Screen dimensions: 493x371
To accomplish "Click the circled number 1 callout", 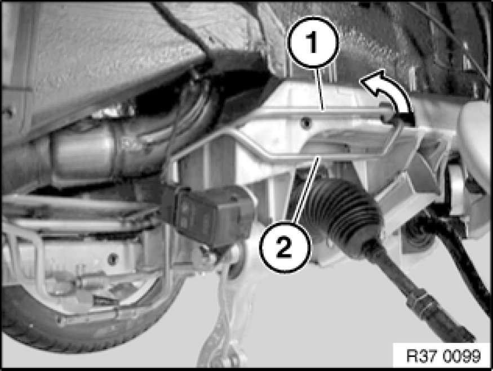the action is (x=313, y=42).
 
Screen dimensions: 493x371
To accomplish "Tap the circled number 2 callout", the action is (x=285, y=247).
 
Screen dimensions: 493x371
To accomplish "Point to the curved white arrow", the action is (x=388, y=94).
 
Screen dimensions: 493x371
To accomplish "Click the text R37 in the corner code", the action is (x=422, y=356).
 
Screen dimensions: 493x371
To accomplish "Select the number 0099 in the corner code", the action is (x=462, y=356).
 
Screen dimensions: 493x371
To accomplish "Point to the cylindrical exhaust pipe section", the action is (x=85, y=154).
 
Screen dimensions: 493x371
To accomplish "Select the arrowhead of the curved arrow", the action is (x=371, y=81).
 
